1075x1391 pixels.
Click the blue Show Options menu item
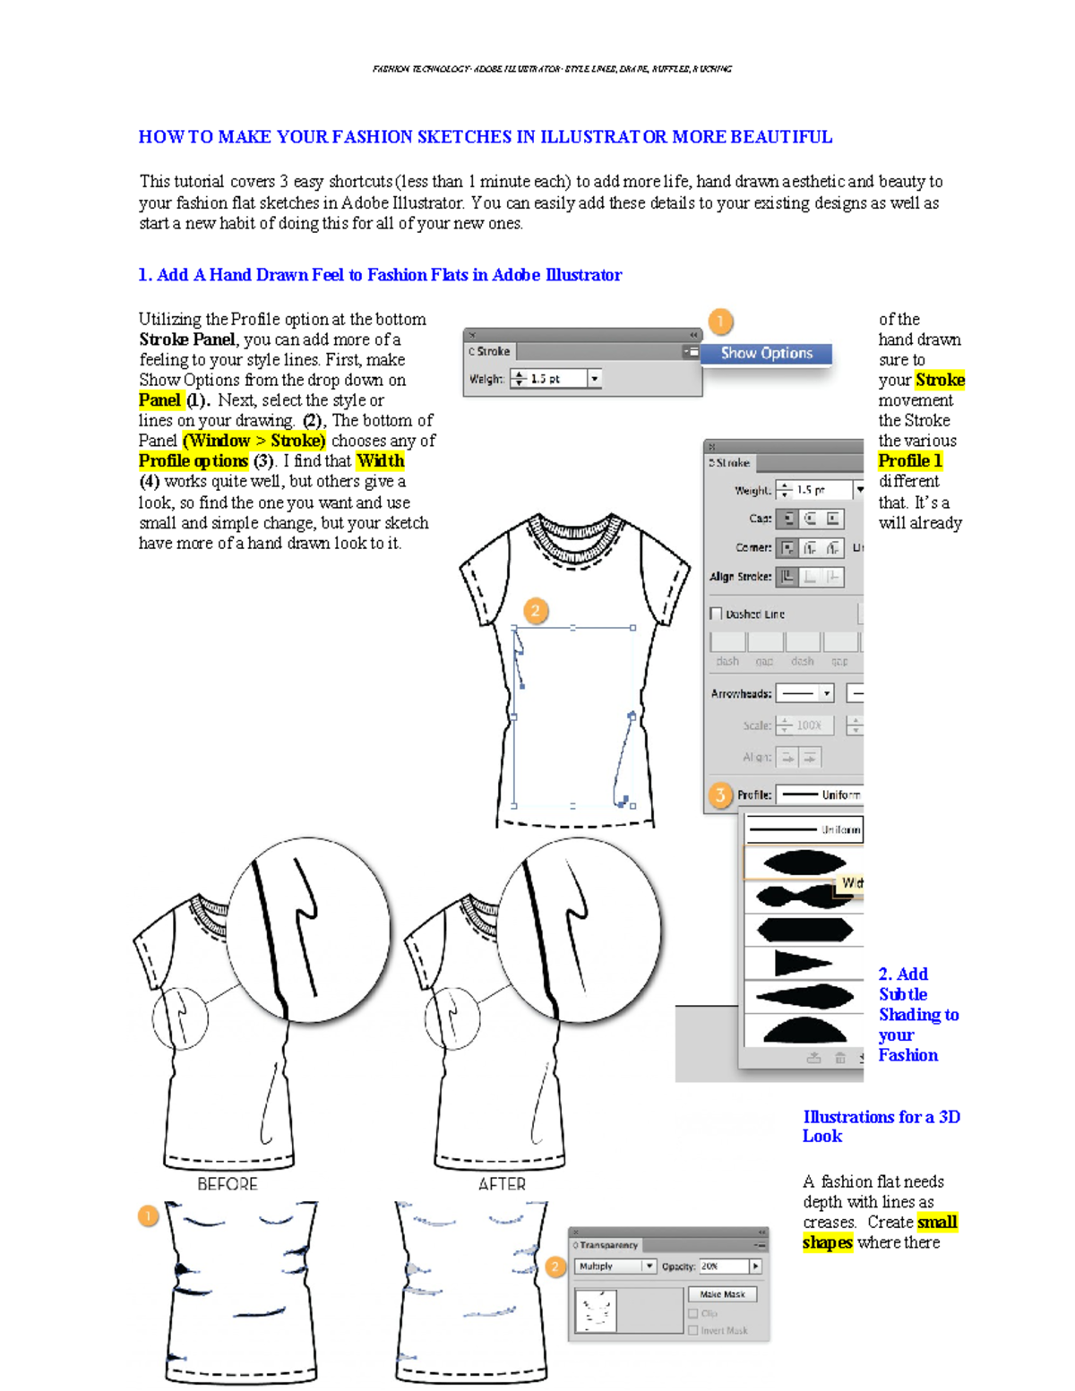click(x=766, y=354)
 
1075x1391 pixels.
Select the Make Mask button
click(x=722, y=1294)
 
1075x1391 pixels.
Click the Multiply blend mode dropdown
click(x=615, y=1266)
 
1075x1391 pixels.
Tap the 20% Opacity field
click(x=723, y=1266)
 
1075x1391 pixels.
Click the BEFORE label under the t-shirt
click(x=228, y=1184)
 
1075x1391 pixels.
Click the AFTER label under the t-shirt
click(x=502, y=1184)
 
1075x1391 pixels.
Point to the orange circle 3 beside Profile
click(x=720, y=794)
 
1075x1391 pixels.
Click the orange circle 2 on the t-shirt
click(x=536, y=611)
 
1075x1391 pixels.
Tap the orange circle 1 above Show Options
click(x=720, y=321)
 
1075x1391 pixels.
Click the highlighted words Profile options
click(x=193, y=461)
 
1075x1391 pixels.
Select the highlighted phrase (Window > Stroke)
click(x=254, y=441)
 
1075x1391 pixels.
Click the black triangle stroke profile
click(x=802, y=963)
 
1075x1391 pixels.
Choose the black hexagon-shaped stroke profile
click(x=804, y=930)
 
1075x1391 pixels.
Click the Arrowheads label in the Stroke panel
click(x=741, y=694)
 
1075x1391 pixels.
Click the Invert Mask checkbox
click(x=693, y=1331)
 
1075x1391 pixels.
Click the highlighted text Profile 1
click(x=910, y=461)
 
